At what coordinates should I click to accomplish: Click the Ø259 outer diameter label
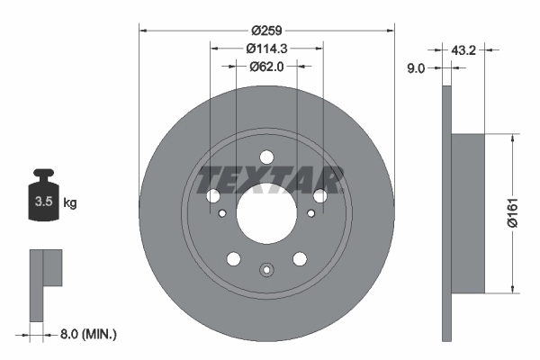pyautogui.click(x=266, y=29)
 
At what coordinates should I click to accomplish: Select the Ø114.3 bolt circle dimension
pyautogui.click(x=266, y=48)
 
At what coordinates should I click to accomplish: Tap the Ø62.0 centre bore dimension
pyautogui.click(x=266, y=65)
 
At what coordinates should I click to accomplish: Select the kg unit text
pyautogui.click(x=70, y=203)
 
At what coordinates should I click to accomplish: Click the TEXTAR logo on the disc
pyautogui.click(x=266, y=180)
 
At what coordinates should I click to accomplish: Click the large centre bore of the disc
pyautogui.click(x=266, y=214)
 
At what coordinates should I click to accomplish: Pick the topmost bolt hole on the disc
pyautogui.click(x=266, y=155)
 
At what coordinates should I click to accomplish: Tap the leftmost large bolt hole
pyautogui.click(x=213, y=195)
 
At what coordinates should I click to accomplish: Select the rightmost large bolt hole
pyautogui.click(x=319, y=195)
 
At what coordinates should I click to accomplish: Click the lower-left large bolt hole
pyautogui.click(x=234, y=259)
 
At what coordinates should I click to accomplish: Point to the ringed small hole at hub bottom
pyautogui.click(x=266, y=270)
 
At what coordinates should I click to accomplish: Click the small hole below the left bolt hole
pyautogui.click(x=221, y=213)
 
